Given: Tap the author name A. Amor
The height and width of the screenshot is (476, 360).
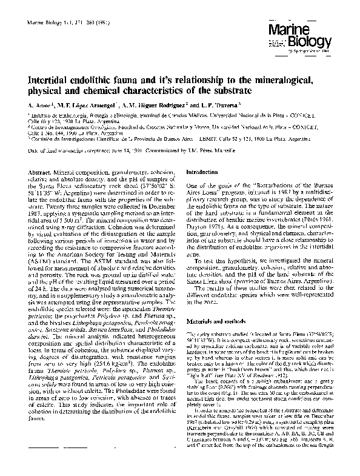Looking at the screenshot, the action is point(40,106).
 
